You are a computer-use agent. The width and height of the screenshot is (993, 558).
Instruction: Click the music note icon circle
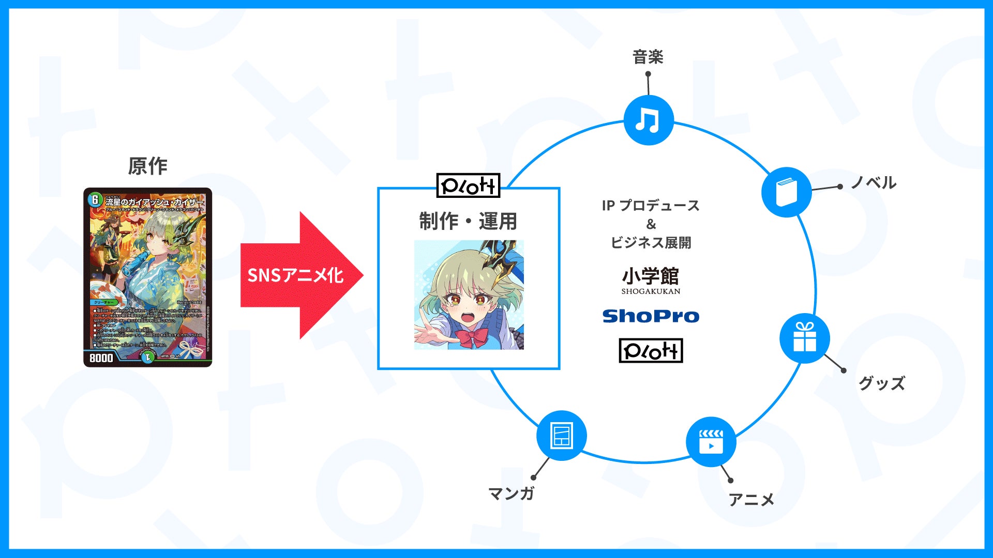648,120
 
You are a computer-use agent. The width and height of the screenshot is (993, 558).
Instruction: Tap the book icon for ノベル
786,192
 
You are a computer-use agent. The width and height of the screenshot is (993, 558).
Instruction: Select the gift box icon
804,338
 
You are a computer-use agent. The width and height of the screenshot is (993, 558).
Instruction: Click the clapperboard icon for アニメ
711,442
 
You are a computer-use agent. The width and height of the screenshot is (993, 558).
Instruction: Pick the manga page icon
562,436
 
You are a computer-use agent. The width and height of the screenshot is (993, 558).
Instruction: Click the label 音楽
648,57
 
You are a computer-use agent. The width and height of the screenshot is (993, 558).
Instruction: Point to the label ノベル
874,183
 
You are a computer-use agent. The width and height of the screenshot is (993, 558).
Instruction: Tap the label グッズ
882,383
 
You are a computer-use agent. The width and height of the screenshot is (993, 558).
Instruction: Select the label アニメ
751,500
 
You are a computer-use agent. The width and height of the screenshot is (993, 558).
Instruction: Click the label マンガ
511,493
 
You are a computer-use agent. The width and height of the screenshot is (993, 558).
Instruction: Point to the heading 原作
148,166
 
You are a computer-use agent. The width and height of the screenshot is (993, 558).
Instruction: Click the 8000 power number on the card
101,358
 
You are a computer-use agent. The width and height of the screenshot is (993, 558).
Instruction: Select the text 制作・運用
468,221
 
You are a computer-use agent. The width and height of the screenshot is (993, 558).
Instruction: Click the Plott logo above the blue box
468,186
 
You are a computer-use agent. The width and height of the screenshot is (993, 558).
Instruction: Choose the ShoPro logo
651,316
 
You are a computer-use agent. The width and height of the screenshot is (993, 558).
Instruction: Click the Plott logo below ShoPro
651,351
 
